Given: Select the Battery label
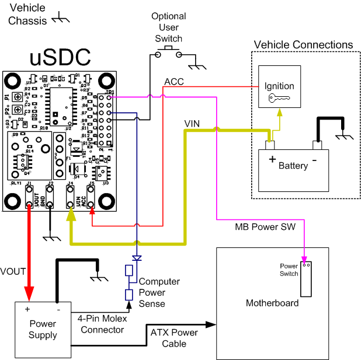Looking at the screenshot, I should pyautogui.click(x=293, y=166).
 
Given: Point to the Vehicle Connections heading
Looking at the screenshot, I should pyautogui.click(x=303, y=45).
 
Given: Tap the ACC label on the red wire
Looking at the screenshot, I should pyautogui.click(x=173, y=82).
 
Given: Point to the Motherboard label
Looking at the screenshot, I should pyautogui.click(x=272, y=303).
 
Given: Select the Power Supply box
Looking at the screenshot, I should pyautogui.click(x=43, y=330).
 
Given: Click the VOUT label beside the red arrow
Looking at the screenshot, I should pyautogui.click(x=13, y=271).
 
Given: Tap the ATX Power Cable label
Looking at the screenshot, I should pyautogui.click(x=174, y=338).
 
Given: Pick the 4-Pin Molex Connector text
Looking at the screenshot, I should pyautogui.click(x=100, y=324).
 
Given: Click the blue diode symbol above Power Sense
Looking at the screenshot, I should pyautogui.click(x=137, y=257).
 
